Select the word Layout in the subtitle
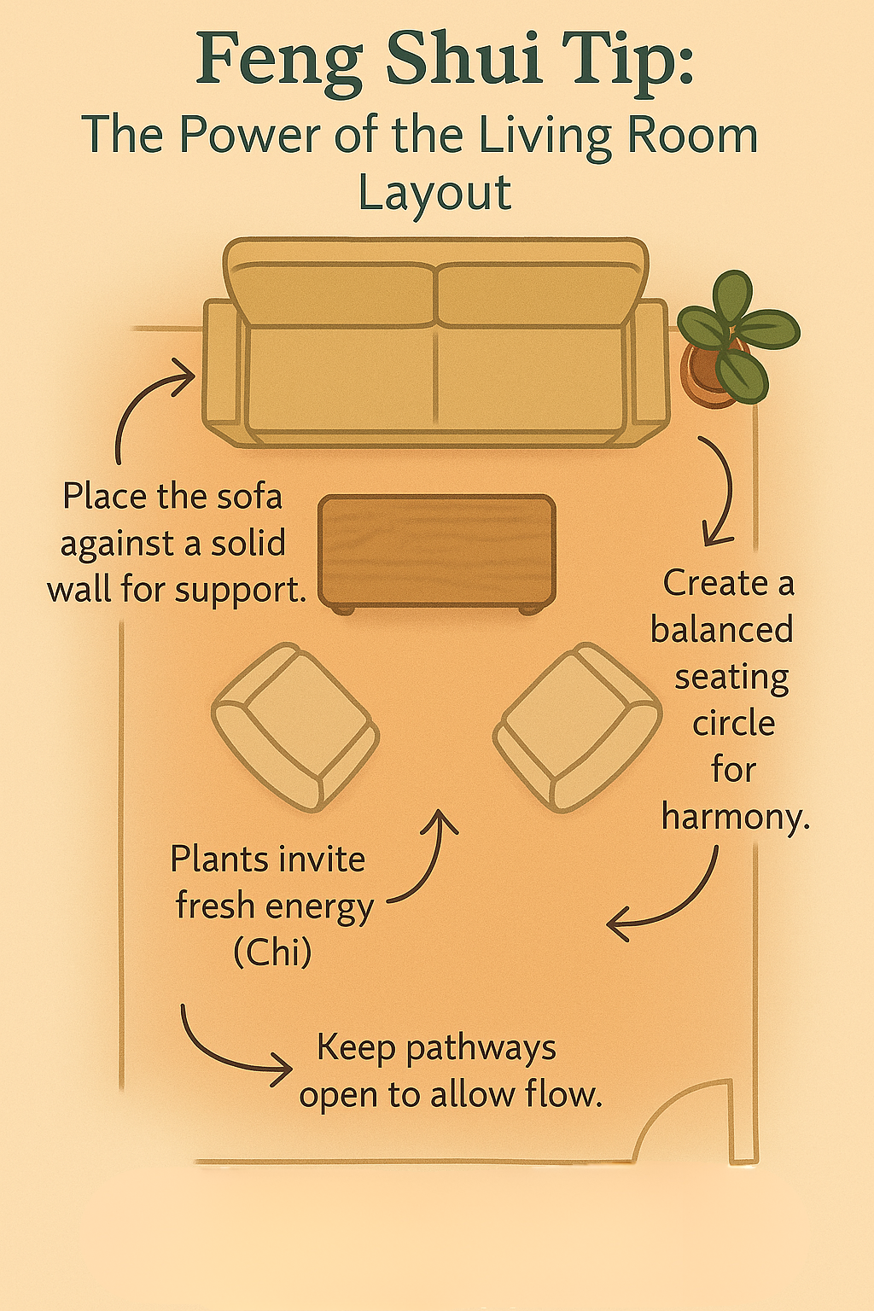tap(434, 193)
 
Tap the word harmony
tap(734, 818)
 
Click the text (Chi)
tap(272, 953)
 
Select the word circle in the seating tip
tap(733, 724)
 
